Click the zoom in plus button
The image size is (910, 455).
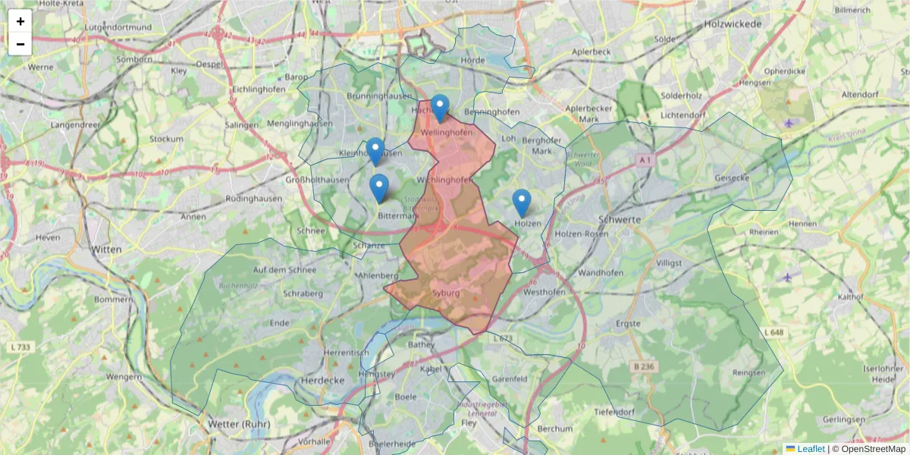coord(20,21)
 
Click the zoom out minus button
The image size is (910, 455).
coord(20,44)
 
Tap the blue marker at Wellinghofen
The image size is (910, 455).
coord(440,108)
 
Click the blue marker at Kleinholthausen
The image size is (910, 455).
coord(375,152)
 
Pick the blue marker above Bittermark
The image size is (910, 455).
coord(379,187)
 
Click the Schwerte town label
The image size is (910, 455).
coord(620,218)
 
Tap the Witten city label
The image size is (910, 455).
coord(106,249)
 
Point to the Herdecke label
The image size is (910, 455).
coord(323,379)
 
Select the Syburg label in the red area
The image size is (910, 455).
coord(445,293)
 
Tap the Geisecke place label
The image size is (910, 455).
coord(732,178)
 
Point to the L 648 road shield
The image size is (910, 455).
coord(773,333)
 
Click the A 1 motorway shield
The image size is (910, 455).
coord(645,160)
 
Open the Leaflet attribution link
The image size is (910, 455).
coord(810,449)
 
